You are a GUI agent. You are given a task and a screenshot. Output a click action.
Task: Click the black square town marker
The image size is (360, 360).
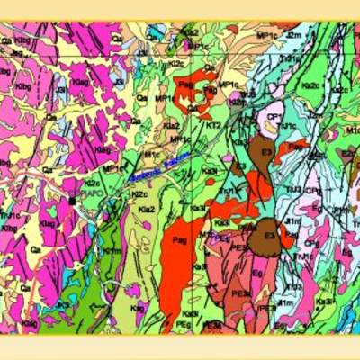click(x=72, y=201)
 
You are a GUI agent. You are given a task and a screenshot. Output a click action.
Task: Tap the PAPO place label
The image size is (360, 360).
click(x=93, y=193)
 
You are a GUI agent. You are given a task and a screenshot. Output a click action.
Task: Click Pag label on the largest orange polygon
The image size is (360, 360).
click(x=179, y=240)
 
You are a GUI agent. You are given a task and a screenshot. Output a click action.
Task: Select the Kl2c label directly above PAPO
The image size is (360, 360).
click(x=91, y=183)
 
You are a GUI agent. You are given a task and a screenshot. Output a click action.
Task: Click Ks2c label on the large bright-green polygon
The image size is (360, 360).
click(x=310, y=85)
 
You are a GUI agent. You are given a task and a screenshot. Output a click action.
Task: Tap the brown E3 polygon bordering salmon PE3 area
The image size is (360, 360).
click(x=270, y=234)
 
